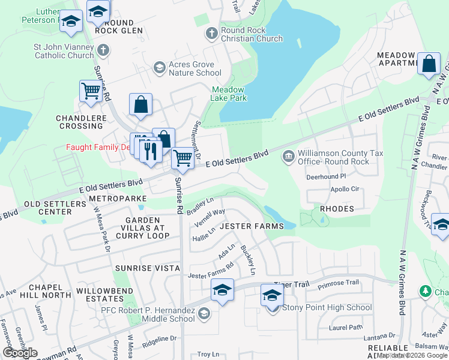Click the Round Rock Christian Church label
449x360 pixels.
(252, 35)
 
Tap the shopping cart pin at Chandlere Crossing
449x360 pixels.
(90, 91)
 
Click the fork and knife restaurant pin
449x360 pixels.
(150, 149)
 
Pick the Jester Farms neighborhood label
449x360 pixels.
(252, 226)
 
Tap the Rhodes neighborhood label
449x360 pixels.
(337, 209)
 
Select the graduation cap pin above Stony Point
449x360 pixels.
(272, 296)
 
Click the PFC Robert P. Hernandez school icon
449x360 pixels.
(204, 313)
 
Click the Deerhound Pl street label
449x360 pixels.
(327, 177)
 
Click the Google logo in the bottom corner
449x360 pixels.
(20, 353)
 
